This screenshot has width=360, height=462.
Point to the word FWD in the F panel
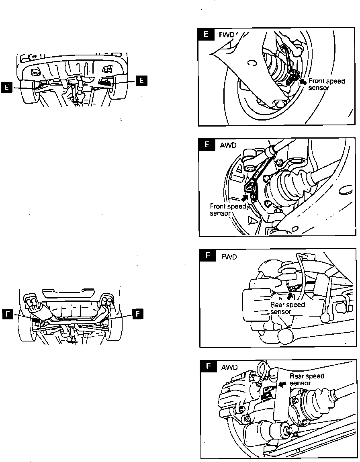pos(229,257)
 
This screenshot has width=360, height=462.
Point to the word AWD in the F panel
pos(229,367)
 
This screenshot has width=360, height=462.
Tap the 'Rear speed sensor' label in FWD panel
pos(287,308)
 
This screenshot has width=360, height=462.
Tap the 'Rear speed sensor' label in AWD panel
pos(307,380)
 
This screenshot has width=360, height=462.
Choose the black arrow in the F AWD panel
pos(282,384)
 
